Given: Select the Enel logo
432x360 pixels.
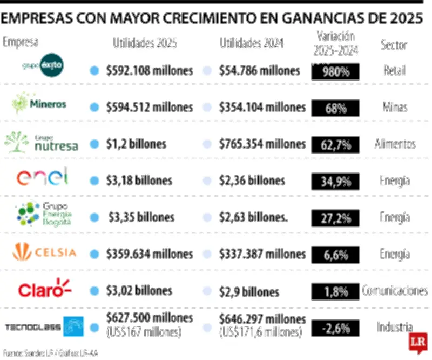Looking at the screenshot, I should tap(43, 177).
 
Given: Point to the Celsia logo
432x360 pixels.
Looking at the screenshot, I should tap(45, 252).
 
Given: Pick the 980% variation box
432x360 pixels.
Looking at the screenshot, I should tap(335, 72).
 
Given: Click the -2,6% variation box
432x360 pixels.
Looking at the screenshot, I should tap(335, 328).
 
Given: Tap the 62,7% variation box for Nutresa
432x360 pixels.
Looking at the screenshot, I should tap(335, 145).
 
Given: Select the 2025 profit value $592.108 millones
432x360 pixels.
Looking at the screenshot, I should tap(150, 71).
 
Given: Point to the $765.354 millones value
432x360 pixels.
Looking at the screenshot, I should tap(262, 144).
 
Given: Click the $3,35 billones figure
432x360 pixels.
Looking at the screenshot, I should tap(141, 217).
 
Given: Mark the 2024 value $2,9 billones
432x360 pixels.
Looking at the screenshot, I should tap(249, 292).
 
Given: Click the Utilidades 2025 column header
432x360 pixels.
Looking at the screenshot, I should tap(145, 43).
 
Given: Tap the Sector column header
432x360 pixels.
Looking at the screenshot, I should tap(394, 45).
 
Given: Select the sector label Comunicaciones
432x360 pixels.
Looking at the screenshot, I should tap(394, 291).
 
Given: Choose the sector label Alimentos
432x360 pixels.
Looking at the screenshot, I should tap(395, 144).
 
